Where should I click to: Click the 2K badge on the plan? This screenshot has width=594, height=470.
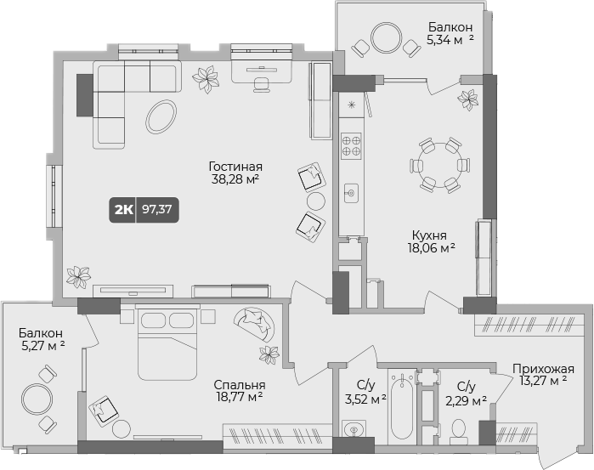click(122, 209)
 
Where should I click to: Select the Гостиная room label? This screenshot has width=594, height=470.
click(235, 167)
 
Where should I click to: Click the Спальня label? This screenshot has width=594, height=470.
click(238, 383)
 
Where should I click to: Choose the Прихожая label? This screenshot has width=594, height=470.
click(543, 369)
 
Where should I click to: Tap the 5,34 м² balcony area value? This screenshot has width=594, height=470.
click(450, 38)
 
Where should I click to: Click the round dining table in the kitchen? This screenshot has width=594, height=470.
click(437, 163)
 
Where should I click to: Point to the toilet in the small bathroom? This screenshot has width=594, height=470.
click(459, 433)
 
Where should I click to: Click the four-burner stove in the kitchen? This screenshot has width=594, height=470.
click(350, 145)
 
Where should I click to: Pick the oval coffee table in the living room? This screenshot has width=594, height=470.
click(161, 116)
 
